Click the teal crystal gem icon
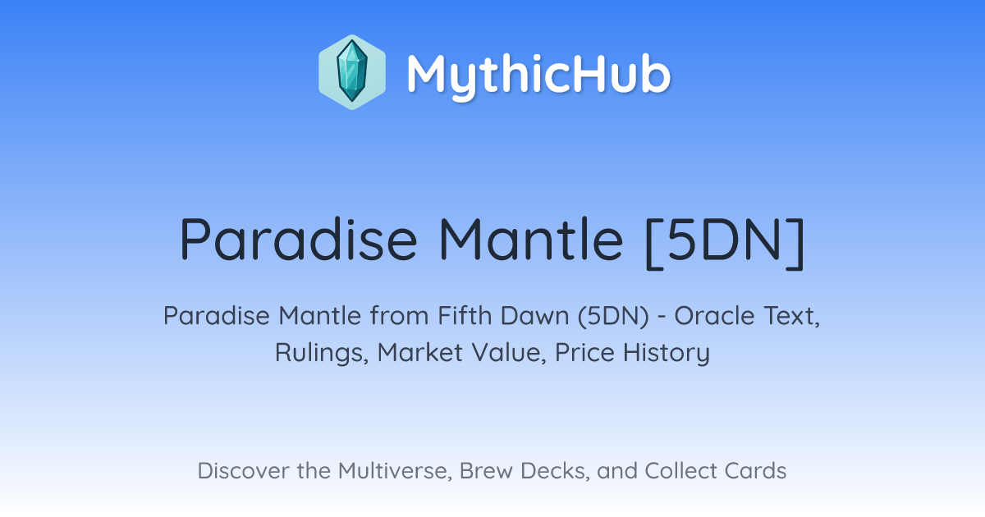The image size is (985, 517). (352, 72)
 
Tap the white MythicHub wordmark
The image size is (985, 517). (538, 75)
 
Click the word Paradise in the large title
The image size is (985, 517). (298, 240)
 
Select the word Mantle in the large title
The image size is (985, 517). (531, 239)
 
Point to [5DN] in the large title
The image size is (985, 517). (725, 242)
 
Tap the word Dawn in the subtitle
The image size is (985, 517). (534, 316)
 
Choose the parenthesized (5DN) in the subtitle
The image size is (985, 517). (613, 316)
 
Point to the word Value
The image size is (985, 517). (509, 353)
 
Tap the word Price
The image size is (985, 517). (584, 353)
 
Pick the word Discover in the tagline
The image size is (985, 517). (244, 470)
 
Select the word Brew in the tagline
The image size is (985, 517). (486, 470)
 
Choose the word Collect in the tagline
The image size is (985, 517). (680, 470)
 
